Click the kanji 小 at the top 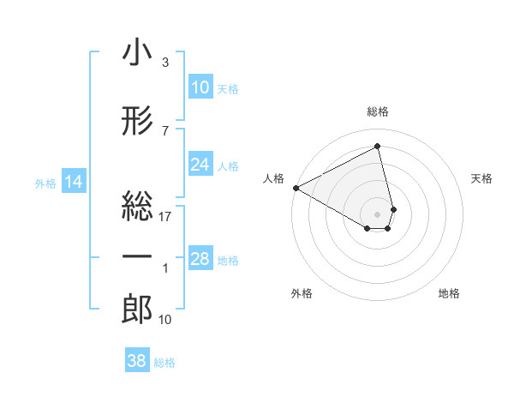coord(137,54)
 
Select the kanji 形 coord(137,123)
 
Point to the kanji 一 coord(137,256)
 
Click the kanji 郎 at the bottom coord(137,310)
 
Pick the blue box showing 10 coord(200,88)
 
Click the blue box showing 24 coord(200,165)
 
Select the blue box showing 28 coord(200,259)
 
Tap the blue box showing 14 coord(73,182)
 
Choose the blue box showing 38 coord(136,361)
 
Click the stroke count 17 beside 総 coord(165,216)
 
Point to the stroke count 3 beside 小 coord(164,63)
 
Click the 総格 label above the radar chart coord(378,112)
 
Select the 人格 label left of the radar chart coord(273,178)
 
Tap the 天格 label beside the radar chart coord(481,178)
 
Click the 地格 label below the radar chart coord(449,294)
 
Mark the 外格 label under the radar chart coord(302,294)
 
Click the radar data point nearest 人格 coord(296,187)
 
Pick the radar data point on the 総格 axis coord(378,146)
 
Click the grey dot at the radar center coord(378,214)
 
